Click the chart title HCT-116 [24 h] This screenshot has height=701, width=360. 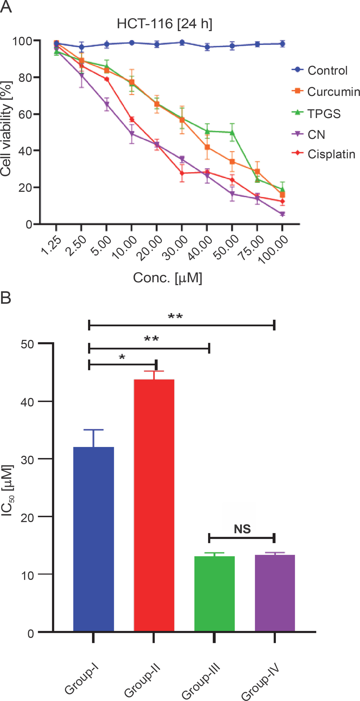point(165,24)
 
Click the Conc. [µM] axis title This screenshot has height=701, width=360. point(167,278)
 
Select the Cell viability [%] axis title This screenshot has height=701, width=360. point(6,129)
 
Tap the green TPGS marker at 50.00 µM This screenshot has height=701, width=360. point(232,133)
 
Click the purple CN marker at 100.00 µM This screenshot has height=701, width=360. point(282,214)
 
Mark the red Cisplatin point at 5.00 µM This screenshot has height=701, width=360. point(107,79)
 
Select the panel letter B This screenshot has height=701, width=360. point(6,297)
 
